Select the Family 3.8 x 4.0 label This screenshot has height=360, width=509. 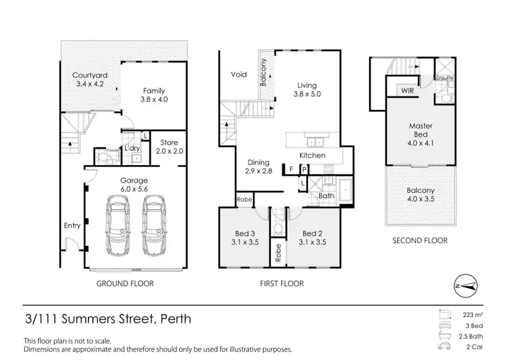[x=154, y=95]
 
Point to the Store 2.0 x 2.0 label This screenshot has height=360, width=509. [x=169, y=147]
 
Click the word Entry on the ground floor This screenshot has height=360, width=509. [x=72, y=226]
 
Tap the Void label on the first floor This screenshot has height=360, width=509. [x=238, y=75]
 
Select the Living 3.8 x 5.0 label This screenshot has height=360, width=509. [x=307, y=90]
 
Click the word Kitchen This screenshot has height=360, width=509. [x=312, y=156]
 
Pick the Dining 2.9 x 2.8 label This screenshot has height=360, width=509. [x=259, y=168]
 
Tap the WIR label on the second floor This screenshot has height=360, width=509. [x=407, y=90]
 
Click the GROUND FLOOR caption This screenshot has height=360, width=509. [x=125, y=283]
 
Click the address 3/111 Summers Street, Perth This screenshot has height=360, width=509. [x=108, y=319]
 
